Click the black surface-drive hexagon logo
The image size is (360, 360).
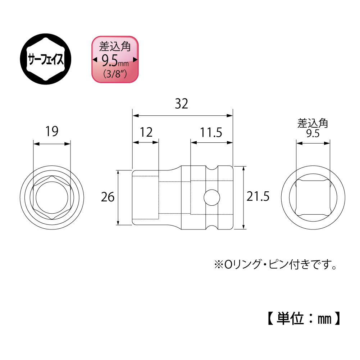point(46,59)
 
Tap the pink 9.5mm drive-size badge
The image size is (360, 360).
point(115,59)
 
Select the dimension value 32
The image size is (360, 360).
point(181,104)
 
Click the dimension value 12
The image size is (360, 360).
point(146,132)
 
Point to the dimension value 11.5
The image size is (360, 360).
point(211,132)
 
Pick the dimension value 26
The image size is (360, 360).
point(108,197)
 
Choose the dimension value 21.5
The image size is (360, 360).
point(258,196)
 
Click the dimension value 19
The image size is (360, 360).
point(52,131)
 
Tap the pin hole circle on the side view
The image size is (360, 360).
point(212,197)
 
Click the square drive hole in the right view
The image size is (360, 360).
point(313,198)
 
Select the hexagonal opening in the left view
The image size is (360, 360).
point(52,198)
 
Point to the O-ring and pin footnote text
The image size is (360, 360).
point(275,264)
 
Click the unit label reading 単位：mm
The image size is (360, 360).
point(304,319)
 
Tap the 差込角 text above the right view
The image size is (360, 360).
point(313,123)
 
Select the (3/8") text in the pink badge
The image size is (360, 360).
point(115,74)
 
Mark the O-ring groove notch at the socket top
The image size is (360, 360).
point(211,168)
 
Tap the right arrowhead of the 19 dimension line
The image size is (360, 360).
point(67,144)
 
